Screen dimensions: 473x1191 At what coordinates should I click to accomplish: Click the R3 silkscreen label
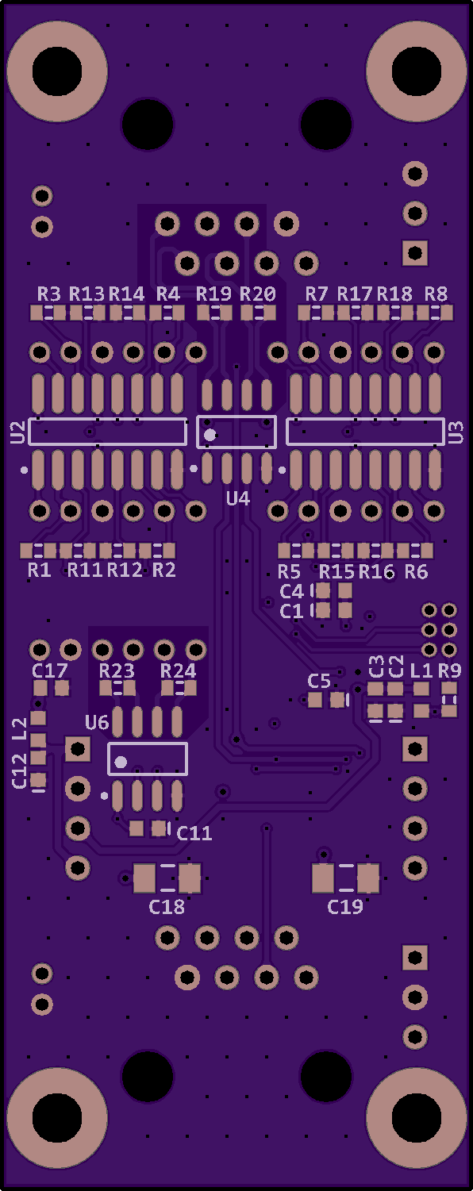pyautogui.click(x=49, y=294)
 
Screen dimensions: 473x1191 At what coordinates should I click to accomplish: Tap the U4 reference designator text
pyautogui.click(x=238, y=499)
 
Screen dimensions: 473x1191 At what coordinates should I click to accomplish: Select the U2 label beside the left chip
pyautogui.click(x=17, y=432)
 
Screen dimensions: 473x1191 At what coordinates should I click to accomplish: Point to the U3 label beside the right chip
pyautogui.click(x=456, y=432)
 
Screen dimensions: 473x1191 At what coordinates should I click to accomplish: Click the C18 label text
pyautogui.click(x=167, y=907)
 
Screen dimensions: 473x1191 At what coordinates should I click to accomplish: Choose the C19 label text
pyautogui.click(x=345, y=907)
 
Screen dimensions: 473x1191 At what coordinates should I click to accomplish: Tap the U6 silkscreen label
pyautogui.click(x=97, y=723)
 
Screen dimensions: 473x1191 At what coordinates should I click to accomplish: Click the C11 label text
pyautogui.click(x=194, y=833)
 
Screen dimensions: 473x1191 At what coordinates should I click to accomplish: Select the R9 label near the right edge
pyautogui.click(x=450, y=670)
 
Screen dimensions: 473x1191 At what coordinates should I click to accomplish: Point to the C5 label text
pyautogui.click(x=319, y=681)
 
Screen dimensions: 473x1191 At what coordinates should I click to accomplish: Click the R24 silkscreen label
pyautogui.click(x=179, y=670)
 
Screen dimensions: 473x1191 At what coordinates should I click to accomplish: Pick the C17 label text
pyautogui.click(x=50, y=670)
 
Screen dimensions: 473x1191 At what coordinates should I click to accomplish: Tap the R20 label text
pyautogui.click(x=258, y=294)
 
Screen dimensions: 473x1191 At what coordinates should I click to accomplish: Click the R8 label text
pyautogui.click(x=436, y=294)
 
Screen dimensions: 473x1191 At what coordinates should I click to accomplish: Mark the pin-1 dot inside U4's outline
pyautogui.click(x=210, y=435)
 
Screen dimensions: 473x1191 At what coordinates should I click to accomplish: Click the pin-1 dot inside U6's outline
pyautogui.click(x=121, y=762)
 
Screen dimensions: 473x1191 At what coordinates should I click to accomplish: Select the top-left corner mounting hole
pyautogui.click(x=57, y=71)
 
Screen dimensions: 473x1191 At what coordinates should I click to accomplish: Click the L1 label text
pyautogui.click(x=421, y=670)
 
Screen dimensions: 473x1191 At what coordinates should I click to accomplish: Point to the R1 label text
pyautogui.click(x=40, y=570)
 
